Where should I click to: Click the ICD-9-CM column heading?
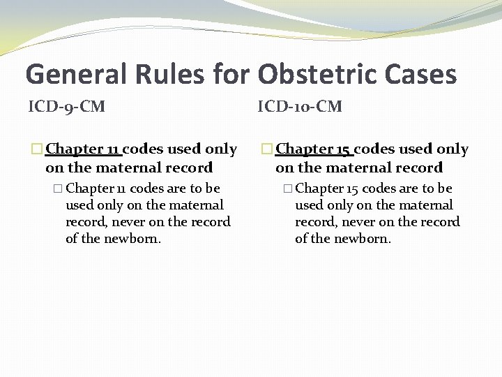66,107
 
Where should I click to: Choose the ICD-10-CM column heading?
300,107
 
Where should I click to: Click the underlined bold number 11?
113,149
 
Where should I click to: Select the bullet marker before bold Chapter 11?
38,149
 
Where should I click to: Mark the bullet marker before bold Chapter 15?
268,149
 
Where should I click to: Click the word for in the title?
235,74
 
